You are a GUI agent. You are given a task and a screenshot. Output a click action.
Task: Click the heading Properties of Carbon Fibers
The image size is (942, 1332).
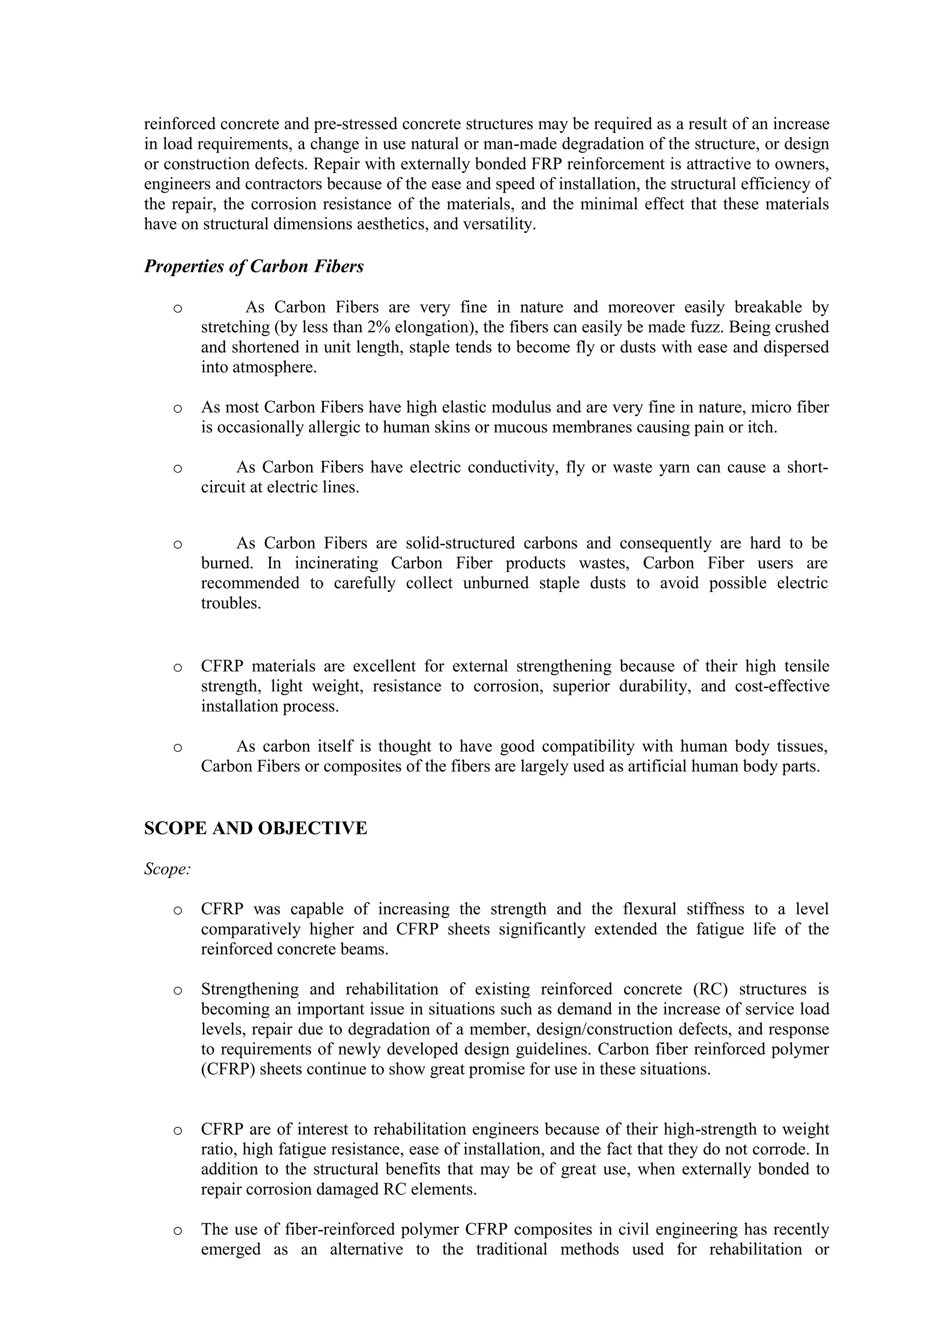point(253,266)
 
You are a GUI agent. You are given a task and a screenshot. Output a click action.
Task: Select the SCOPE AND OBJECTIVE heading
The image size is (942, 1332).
point(255,828)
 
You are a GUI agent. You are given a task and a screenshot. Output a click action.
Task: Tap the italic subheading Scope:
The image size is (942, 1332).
point(167,869)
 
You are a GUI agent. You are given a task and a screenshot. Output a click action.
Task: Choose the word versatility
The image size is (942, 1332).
point(499,224)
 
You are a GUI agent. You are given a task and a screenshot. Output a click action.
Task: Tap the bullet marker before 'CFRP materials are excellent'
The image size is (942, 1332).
point(178,667)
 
